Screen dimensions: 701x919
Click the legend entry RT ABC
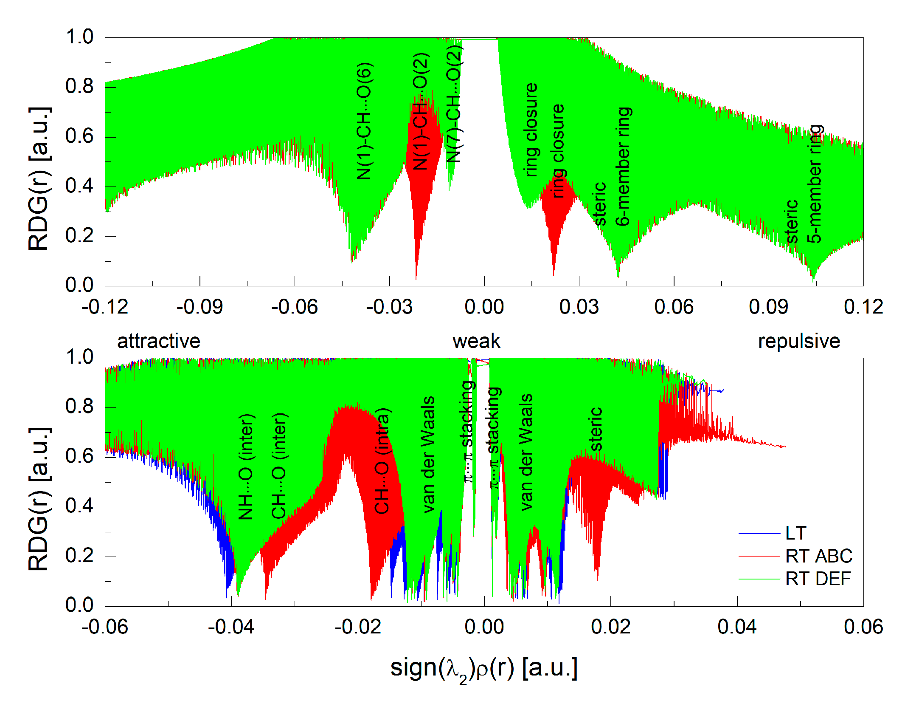pyautogui.click(x=818, y=556)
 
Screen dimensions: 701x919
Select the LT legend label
pyautogui.click(x=795, y=533)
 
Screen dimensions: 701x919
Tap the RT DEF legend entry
pyautogui.click(x=818, y=579)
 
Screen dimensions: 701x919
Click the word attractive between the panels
pyautogui.click(x=159, y=341)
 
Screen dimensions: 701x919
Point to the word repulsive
pyautogui.click(x=799, y=341)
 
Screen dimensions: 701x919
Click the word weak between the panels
pyautogui.click(x=476, y=341)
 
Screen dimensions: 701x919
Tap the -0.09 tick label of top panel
pyautogui.click(x=200, y=307)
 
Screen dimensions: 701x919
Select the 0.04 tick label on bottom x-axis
pyautogui.click(x=737, y=627)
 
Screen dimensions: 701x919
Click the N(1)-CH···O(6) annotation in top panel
pyautogui.click(x=364, y=121)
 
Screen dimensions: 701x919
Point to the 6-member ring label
pyautogui.click(x=623, y=166)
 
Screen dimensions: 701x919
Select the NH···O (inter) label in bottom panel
pyautogui.click(x=246, y=466)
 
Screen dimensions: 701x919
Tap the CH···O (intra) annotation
pyautogui.click(x=382, y=461)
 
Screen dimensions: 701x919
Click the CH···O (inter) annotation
pyautogui.click(x=279, y=465)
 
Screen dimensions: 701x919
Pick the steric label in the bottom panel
pyautogui.click(x=596, y=429)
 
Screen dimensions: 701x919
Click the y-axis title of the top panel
pyautogui.click(x=39, y=178)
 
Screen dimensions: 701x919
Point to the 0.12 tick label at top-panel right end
pyautogui.click(x=863, y=307)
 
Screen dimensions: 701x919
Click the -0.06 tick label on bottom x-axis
pyautogui.click(x=105, y=627)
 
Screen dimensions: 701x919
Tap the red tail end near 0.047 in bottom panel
pyautogui.click(x=784, y=447)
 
